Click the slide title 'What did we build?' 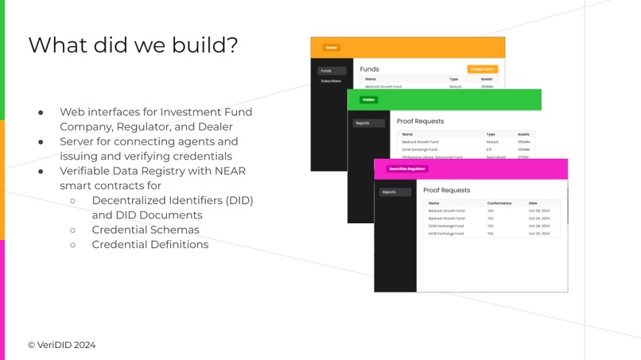coord(133,45)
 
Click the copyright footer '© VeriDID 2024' coord(62,345)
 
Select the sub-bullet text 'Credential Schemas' coord(146,230)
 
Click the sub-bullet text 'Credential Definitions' coord(150,244)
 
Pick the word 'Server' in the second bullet coord(79,141)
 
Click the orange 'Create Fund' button coord(483,69)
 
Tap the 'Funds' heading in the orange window coord(369,69)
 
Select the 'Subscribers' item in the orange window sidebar coord(332,81)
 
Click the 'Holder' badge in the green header coord(368,100)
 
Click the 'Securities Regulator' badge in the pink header coord(407,168)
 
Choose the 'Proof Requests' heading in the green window coord(420,122)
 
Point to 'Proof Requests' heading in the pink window coord(447,191)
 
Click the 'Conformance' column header coord(499,203)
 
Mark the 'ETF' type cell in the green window coord(489,149)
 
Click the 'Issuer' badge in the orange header coord(331,47)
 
